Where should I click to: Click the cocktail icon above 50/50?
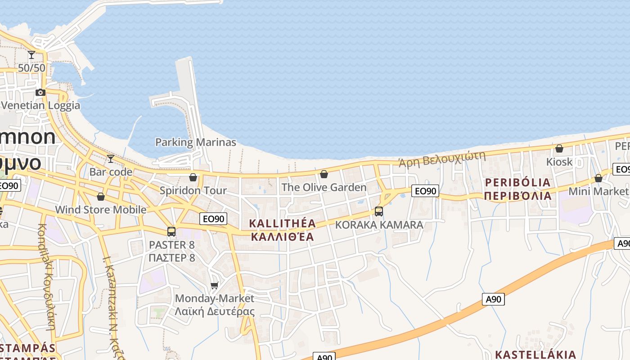coord(31,55)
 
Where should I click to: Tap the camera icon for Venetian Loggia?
coord(40,92)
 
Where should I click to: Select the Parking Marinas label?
coord(195,142)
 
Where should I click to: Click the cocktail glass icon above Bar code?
coord(110,158)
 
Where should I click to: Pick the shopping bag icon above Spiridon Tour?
coord(193,177)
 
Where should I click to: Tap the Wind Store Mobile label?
coord(100,210)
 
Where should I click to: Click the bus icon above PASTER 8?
coord(171,232)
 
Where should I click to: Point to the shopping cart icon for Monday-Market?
coord(215,285)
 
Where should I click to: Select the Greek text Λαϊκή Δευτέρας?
coord(215,311)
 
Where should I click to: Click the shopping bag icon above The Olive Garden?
coord(324,174)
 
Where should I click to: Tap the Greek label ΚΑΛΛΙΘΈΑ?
coord(282,237)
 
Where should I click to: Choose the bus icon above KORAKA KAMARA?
coord(379,211)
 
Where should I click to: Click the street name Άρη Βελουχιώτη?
coord(442,158)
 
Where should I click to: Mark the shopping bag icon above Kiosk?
coord(559,148)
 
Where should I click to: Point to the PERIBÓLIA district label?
coord(517,182)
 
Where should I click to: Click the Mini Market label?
coord(597,191)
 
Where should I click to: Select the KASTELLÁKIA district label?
coord(535,354)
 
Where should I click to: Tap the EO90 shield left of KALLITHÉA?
coord(213,219)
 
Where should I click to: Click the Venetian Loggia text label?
coord(40,105)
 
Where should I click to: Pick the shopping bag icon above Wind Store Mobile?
coord(101,197)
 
